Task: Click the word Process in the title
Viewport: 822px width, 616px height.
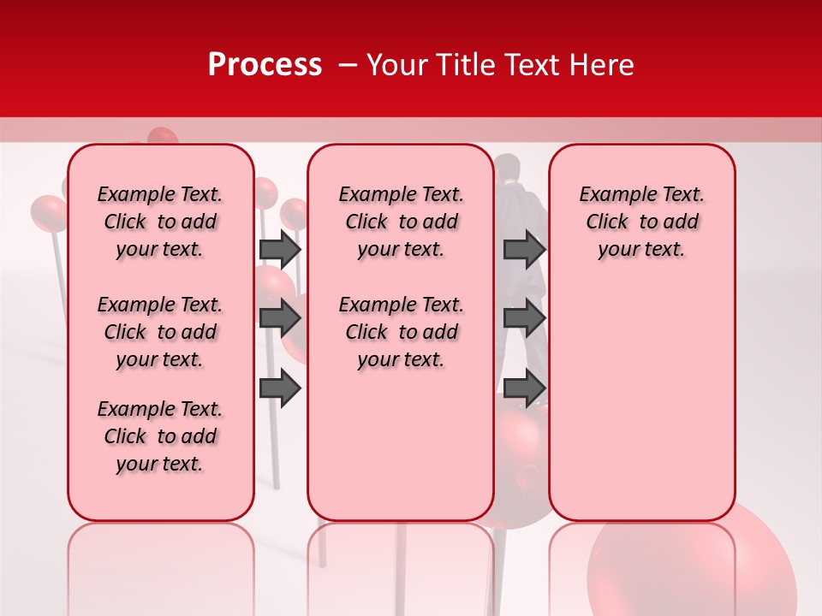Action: click(265, 65)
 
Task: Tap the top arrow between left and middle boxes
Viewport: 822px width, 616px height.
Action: click(280, 249)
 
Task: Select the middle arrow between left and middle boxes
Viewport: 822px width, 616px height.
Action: click(280, 319)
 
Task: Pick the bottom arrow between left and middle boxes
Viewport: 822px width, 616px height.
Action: click(280, 389)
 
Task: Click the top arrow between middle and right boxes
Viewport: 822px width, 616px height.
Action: click(524, 249)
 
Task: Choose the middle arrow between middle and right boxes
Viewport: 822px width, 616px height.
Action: click(524, 319)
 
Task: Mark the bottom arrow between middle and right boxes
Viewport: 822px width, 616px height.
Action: click(524, 389)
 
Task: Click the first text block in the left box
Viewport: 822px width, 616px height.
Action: click(160, 222)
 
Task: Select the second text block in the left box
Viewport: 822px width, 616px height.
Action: click(160, 332)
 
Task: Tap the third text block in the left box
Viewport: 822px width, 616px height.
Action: click(160, 436)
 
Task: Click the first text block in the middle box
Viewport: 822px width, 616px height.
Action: click(402, 222)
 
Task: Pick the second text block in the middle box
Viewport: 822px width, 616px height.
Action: click(402, 332)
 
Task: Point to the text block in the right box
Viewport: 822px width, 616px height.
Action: click(642, 222)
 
